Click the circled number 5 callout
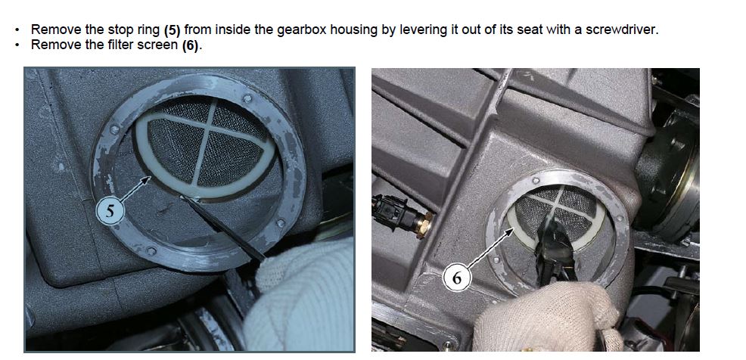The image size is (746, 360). pyautogui.click(x=110, y=211)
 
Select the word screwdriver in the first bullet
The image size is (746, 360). pyautogui.click(x=621, y=30)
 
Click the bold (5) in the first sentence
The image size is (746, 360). pyautogui.click(x=173, y=30)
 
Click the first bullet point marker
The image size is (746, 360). pyautogui.click(x=17, y=30)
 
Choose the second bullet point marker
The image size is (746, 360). pyautogui.click(x=17, y=46)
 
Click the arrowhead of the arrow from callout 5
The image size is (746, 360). pyautogui.click(x=148, y=178)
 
